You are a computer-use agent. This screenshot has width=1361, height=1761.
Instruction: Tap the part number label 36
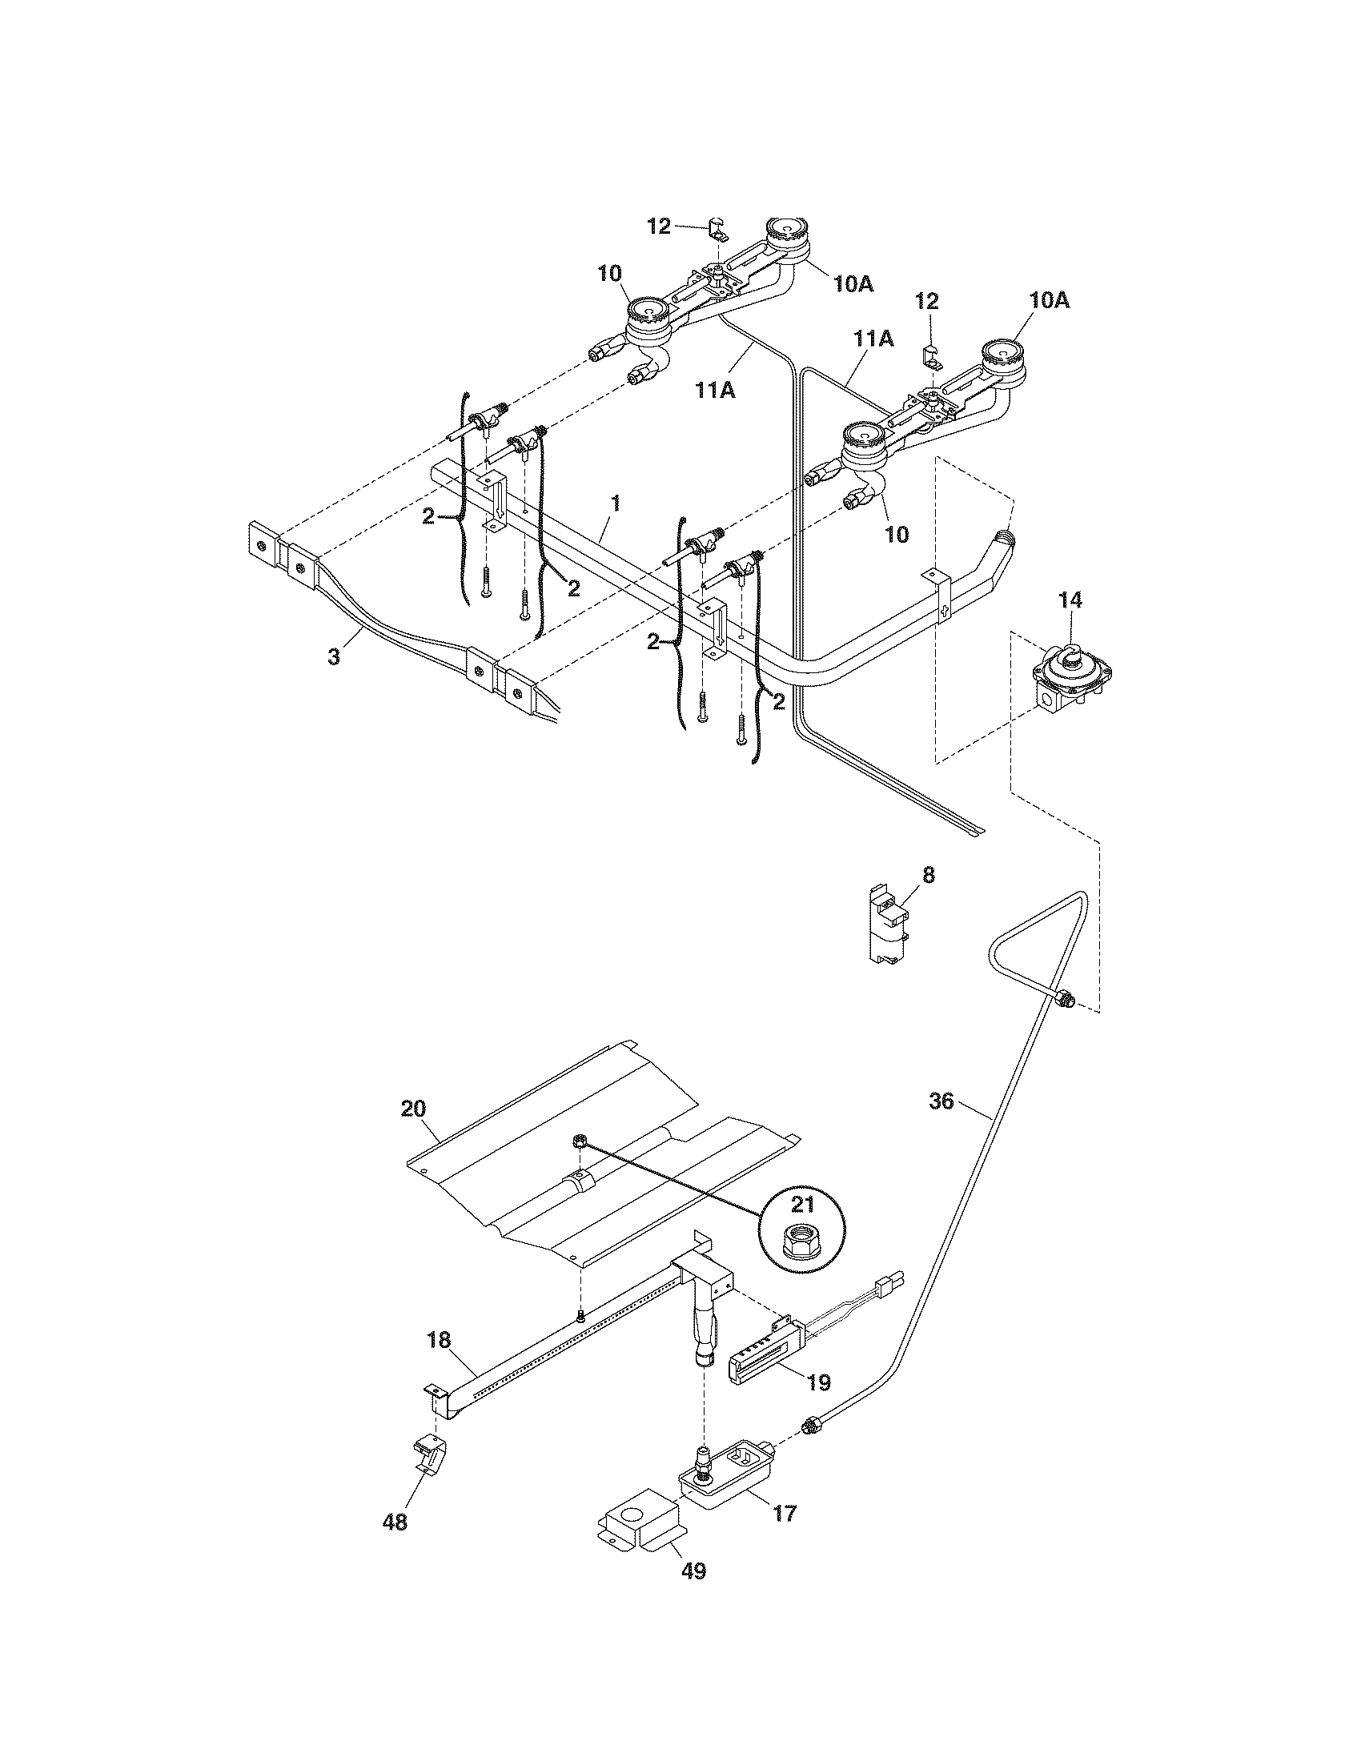click(x=941, y=1100)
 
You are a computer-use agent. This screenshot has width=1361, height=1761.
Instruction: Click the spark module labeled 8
click(x=889, y=925)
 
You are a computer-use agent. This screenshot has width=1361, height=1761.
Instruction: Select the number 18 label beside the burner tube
click(x=439, y=1340)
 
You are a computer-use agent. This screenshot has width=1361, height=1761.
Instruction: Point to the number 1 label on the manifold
click(x=616, y=504)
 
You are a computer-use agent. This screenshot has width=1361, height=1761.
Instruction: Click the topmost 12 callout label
click(x=659, y=227)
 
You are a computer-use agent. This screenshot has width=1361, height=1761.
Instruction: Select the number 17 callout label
click(x=784, y=1514)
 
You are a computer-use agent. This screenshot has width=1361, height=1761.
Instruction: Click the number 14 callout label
click(x=1070, y=600)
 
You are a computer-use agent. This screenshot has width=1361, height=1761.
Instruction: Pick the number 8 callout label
click(x=928, y=875)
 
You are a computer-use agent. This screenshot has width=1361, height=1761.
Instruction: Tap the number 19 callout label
click(x=817, y=1383)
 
